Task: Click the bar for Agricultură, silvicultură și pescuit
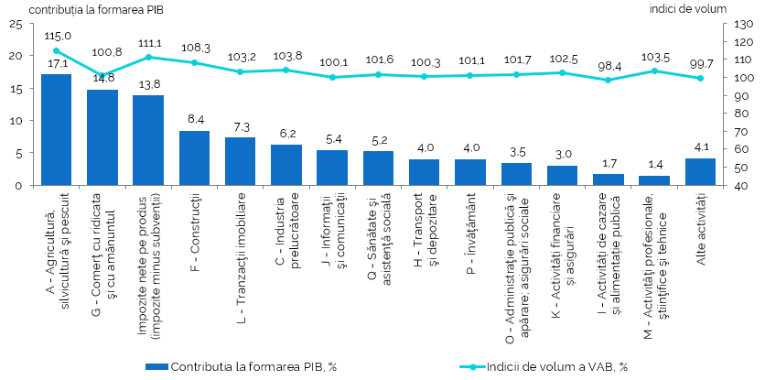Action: (56, 130)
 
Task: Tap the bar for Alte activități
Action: (700, 172)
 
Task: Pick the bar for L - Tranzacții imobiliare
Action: (240, 161)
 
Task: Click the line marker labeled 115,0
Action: (56, 51)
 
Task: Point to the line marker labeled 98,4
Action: (608, 81)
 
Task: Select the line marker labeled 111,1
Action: (148, 58)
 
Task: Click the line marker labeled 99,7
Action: (700, 78)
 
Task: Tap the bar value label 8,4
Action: (194, 119)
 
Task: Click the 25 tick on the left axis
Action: (16, 24)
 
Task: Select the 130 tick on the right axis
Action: (743, 24)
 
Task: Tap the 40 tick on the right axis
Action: (740, 185)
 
